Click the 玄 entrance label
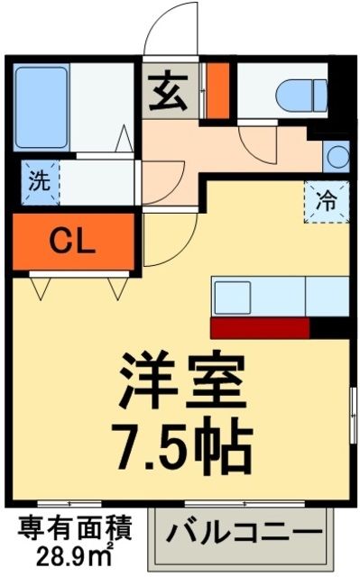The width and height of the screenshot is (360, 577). (x=169, y=92)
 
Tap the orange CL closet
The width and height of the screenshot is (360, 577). (x=72, y=241)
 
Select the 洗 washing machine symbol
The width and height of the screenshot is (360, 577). (x=38, y=180)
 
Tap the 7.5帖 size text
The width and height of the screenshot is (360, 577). (x=180, y=438)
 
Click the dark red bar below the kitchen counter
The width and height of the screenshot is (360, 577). (x=260, y=326)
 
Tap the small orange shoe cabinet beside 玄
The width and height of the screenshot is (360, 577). (x=217, y=90)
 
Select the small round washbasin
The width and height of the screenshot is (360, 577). (x=337, y=155)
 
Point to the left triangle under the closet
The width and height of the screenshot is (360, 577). (x=41, y=288)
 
